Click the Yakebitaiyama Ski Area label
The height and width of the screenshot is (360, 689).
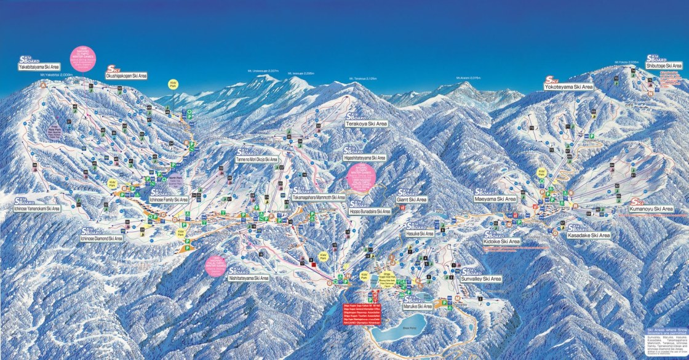point(39,66)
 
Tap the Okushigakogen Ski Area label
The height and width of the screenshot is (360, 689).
point(127,76)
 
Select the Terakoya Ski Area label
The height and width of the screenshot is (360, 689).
point(366,124)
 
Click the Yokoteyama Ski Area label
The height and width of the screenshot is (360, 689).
point(569,87)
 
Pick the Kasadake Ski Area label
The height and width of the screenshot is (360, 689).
point(588,236)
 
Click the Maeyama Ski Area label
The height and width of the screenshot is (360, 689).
point(495,199)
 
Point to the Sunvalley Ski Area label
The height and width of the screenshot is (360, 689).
point(480,279)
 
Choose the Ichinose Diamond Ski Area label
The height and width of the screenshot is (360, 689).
point(102,238)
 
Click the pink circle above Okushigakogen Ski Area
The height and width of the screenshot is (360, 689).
point(83,58)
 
